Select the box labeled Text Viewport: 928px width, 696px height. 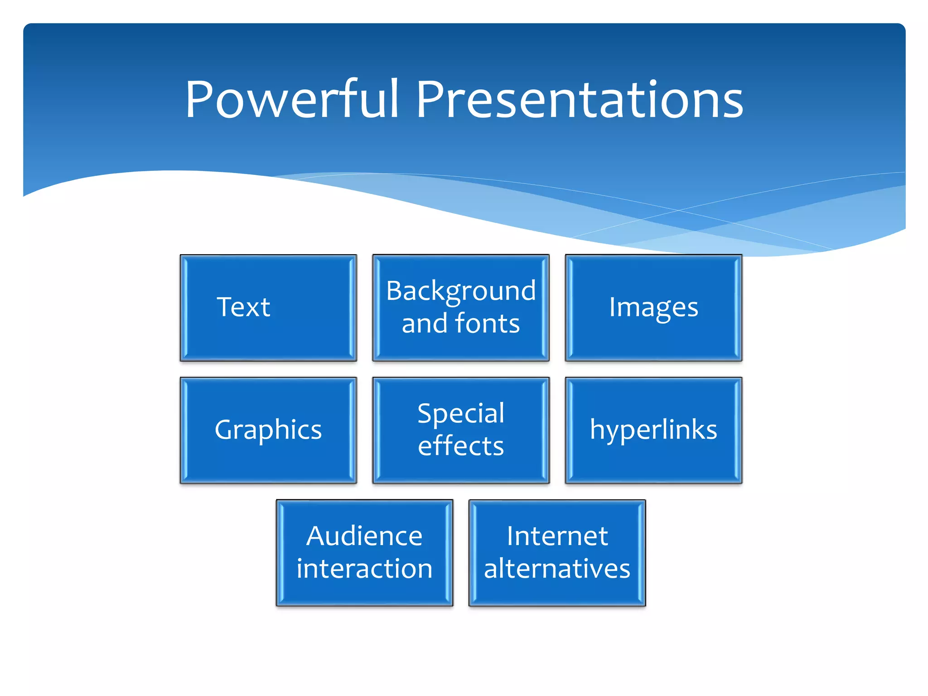[x=268, y=308]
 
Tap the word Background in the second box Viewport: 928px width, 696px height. [x=461, y=291]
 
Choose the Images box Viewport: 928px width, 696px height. [x=653, y=308]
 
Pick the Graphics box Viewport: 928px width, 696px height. [x=268, y=430]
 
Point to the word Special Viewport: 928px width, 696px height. [x=461, y=413]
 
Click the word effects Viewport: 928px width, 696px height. [x=461, y=446]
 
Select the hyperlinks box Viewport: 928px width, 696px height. [x=653, y=430]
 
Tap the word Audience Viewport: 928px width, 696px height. [x=364, y=536]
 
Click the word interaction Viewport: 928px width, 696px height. [x=364, y=569]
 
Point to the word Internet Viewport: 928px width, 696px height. [x=557, y=536]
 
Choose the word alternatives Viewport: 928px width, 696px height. [x=557, y=569]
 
